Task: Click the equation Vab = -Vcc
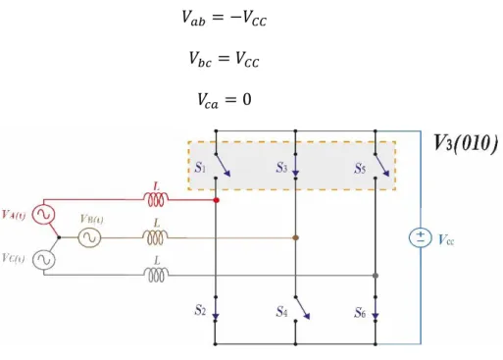click(x=225, y=18)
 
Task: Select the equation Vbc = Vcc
click(x=225, y=59)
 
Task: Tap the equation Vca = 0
click(x=225, y=100)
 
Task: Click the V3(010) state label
click(x=466, y=143)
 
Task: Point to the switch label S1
click(x=200, y=168)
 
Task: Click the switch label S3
click(x=281, y=168)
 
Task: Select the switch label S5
click(x=360, y=169)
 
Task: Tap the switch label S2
click(x=200, y=310)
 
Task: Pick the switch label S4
click(x=281, y=311)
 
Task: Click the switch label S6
click(x=360, y=313)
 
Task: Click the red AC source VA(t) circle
click(x=43, y=214)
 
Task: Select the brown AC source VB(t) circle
click(x=89, y=237)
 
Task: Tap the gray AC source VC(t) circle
click(x=43, y=260)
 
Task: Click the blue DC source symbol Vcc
click(x=421, y=237)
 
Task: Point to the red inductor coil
click(x=156, y=199)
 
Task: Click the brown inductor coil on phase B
click(x=156, y=237)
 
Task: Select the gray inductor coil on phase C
click(x=157, y=275)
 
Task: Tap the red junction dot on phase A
click(x=216, y=200)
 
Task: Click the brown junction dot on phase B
click(x=295, y=237)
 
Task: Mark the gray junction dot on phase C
click(x=376, y=276)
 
